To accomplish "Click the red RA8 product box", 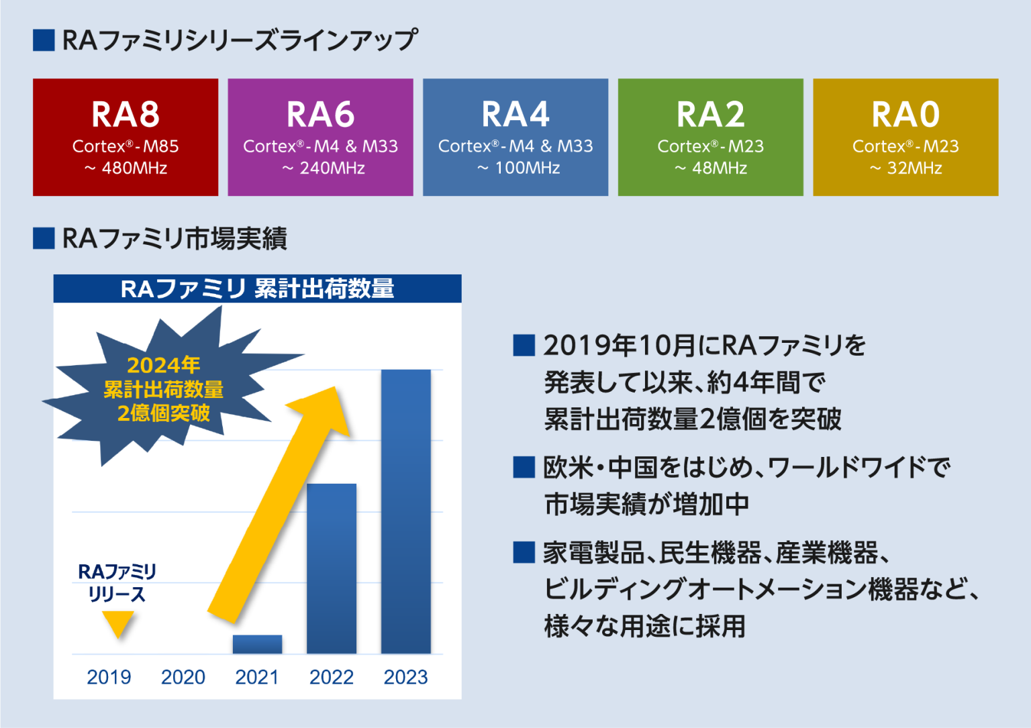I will click(x=126, y=137).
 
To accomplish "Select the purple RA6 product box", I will click(x=320, y=137).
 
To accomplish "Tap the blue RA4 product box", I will click(x=515, y=137).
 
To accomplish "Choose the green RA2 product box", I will click(x=710, y=137).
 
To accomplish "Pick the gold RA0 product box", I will click(x=905, y=137).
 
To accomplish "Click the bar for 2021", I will click(x=257, y=644).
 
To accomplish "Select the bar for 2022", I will click(x=332, y=568).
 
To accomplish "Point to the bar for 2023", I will click(x=406, y=511).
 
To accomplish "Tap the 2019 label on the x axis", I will click(x=109, y=677).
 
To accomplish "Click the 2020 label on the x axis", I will click(x=183, y=677).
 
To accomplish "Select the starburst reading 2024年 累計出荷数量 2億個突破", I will click(x=163, y=389).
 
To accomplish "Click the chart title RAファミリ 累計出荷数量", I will click(x=257, y=289).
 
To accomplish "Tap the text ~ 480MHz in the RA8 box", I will click(x=126, y=168).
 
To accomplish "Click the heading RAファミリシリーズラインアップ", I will click(x=240, y=40).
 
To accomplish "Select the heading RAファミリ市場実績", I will click(x=175, y=238).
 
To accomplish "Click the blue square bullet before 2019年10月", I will click(x=524, y=346).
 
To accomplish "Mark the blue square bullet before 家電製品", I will click(x=524, y=553).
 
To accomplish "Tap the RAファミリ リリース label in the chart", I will click(x=117, y=582).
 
